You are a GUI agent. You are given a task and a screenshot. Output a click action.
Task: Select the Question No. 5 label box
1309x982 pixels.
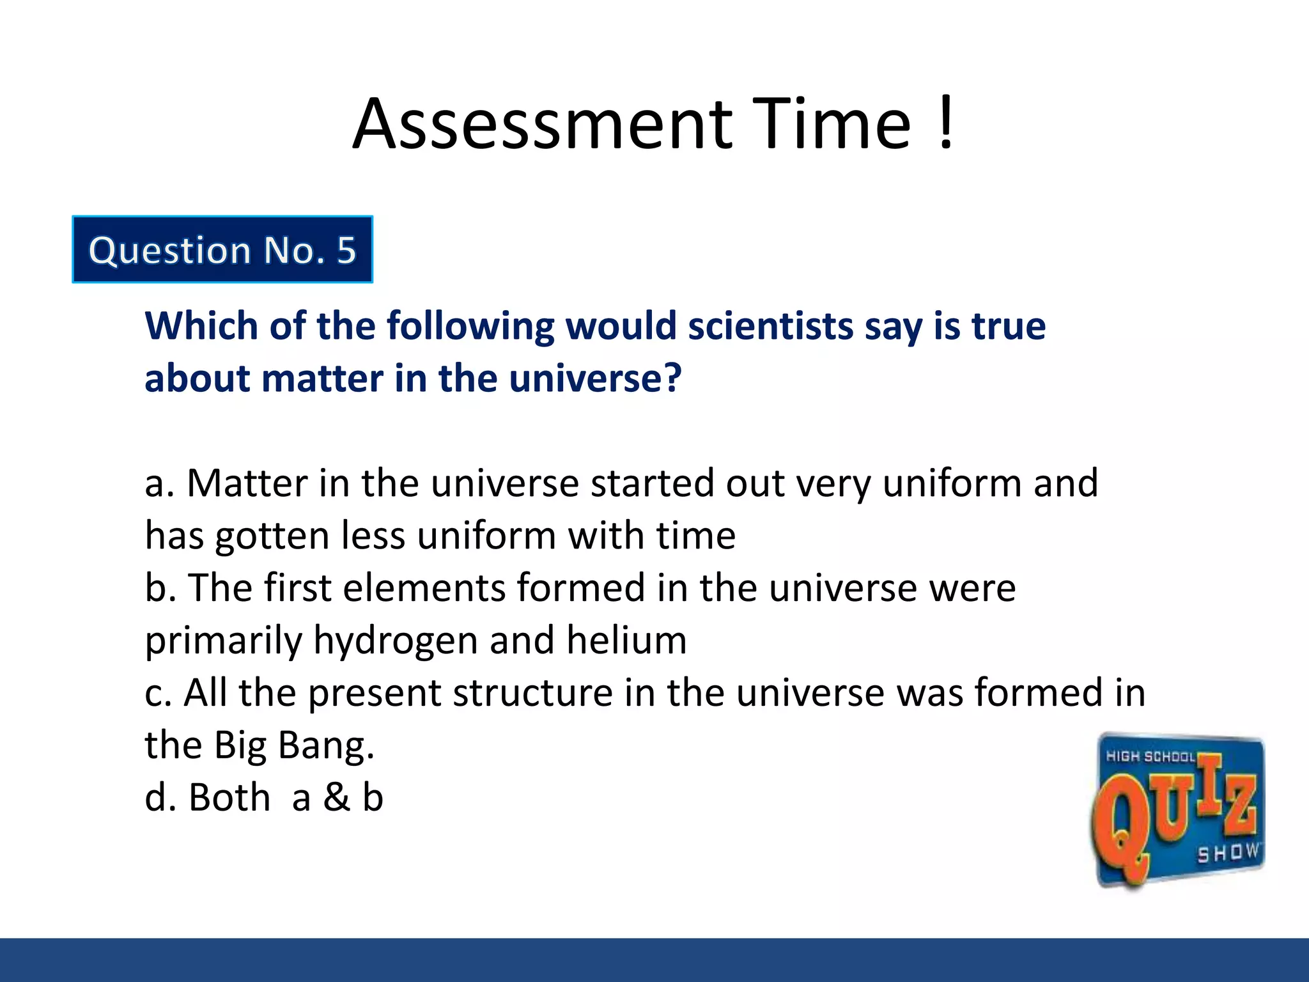[222, 249]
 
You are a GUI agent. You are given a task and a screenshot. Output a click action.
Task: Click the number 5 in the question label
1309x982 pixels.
[346, 250]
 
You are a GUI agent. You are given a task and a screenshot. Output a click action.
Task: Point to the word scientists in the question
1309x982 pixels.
[770, 326]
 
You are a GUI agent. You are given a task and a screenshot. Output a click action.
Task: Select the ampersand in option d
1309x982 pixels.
[336, 798]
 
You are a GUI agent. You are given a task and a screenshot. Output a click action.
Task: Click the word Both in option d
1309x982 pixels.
[229, 798]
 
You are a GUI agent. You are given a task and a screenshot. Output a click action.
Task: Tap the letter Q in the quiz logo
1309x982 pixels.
[1125, 831]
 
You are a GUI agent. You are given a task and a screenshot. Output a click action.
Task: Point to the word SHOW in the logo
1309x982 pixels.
[1227, 853]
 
